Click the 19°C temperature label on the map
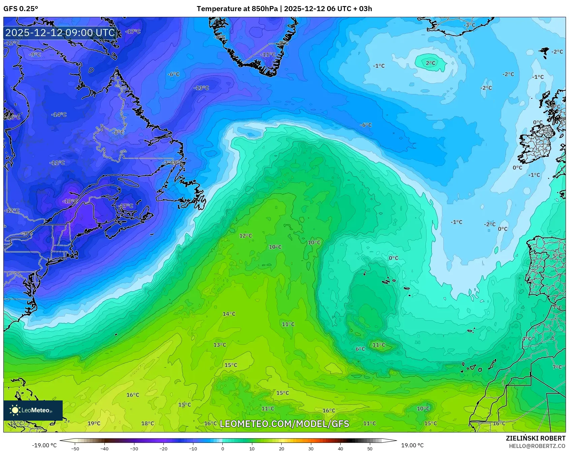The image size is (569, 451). (94, 423)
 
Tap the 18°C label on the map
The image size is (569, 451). (148, 423)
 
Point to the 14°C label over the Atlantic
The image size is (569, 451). (229, 314)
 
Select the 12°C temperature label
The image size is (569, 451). (246, 236)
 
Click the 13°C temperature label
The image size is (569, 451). (220, 345)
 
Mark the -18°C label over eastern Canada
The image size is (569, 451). (70, 201)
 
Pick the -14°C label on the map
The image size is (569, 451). (59, 115)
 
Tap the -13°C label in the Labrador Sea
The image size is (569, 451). (201, 88)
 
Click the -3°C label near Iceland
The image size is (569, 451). (469, 25)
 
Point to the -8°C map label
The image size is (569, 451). (118, 133)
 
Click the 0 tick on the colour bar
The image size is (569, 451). (222, 448)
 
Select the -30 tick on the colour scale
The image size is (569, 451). (134, 448)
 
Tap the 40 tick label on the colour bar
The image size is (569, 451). (340, 448)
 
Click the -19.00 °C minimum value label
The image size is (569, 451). (44, 445)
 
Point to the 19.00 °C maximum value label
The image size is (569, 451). (412, 445)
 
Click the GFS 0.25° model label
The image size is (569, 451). (21, 9)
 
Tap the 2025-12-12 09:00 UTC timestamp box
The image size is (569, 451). (60, 33)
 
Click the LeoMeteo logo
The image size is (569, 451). (33, 410)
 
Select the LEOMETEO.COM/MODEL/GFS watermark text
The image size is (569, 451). (284, 424)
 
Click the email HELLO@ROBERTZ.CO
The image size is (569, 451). (537, 446)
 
